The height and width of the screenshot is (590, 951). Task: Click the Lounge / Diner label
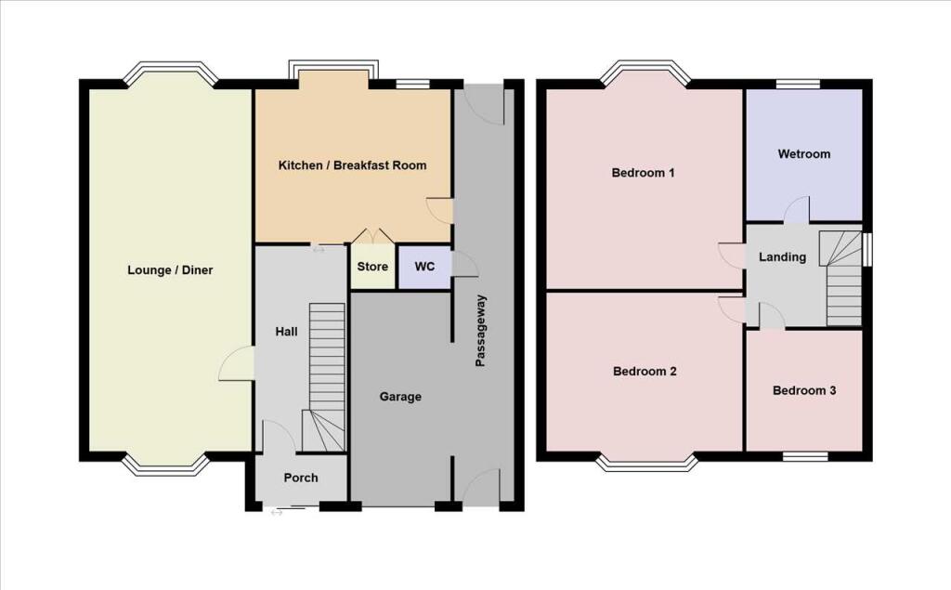pyautogui.click(x=170, y=270)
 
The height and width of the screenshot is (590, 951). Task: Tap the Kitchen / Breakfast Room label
pyautogui.click(x=353, y=165)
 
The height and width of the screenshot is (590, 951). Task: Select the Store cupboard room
pyautogui.click(x=372, y=267)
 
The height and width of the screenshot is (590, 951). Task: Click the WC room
pyautogui.click(x=424, y=267)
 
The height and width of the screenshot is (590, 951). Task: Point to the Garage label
pyautogui.click(x=400, y=397)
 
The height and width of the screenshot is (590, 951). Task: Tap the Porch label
pyautogui.click(x=300, y=478)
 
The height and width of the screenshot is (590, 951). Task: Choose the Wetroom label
pyautogui.click(x=804, y=154)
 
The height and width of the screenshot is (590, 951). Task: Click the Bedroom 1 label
pyautogui.click(x=643, y=173)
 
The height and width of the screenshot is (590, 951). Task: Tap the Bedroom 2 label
pyautogui.click(x=645, y=372)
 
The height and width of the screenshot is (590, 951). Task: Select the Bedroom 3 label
pyautogui.click(x=804, y=391)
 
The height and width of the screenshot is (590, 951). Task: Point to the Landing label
pyautogui.click(x=782, y=257)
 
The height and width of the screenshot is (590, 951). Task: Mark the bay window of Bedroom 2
pyautogui.click(x=646, y=463)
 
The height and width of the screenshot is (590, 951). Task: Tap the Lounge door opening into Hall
pyautogui.click(x=236, y=364)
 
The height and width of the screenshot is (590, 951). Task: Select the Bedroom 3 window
pyautogui.click(x=804, y=456)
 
